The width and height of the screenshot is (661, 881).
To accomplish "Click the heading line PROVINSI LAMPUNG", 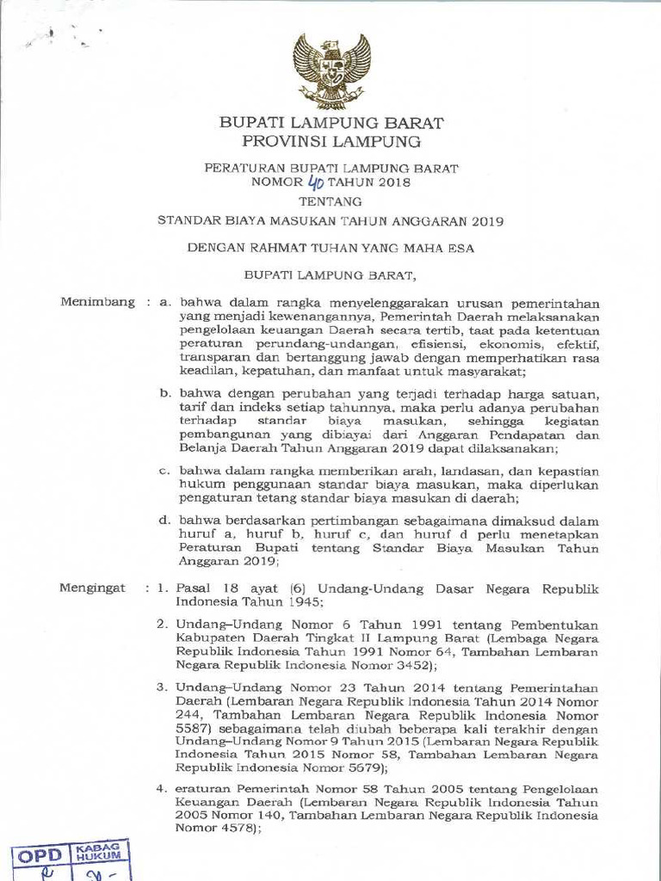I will pyautogui.click(x=331, y=141).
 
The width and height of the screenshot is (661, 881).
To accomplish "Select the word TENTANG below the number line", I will pyautogui.click(x=330, y=201).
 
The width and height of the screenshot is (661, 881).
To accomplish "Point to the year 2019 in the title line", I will pyautogui.click(x=488, y=220).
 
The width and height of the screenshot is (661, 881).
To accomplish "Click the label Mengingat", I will pyautogui.click(x=92, y=588).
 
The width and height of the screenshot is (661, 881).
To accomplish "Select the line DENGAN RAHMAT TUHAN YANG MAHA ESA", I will pyautogui.click(x=330, y=249).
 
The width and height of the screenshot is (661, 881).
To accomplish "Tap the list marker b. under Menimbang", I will pyautogui.click(x=165, y=393).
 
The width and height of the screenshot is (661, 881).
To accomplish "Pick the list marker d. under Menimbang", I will pyautogui.click(x=165, y=521).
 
